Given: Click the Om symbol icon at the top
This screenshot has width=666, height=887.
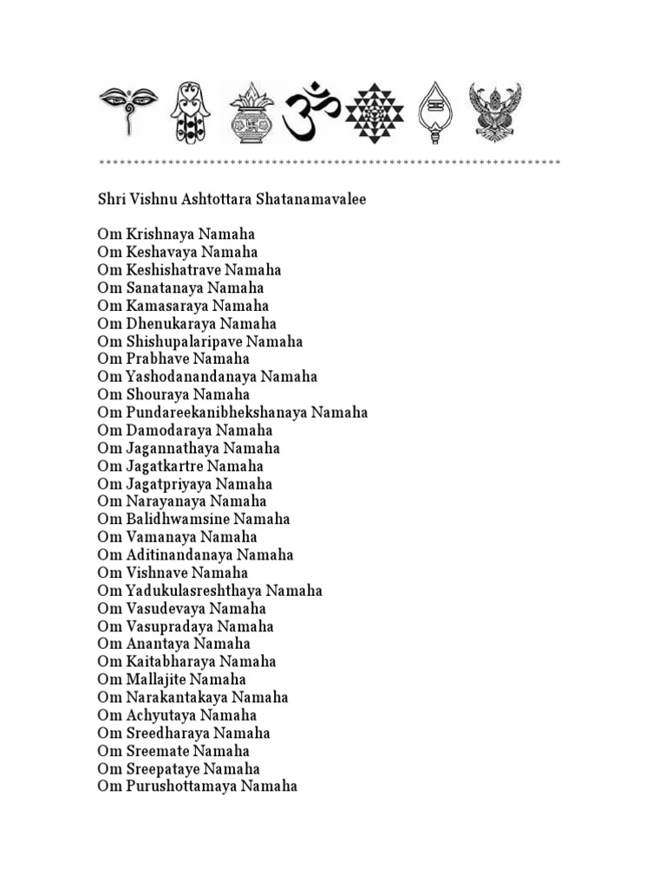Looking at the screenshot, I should tap(312, 112).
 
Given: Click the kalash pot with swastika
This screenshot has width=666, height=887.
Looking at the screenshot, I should tap(251, 113).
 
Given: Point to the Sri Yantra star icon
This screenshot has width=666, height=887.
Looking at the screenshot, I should tap(374, 113).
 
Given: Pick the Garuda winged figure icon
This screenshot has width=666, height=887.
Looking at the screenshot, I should tap(495, 112).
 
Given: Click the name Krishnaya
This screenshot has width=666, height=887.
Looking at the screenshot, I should tap(160, 235).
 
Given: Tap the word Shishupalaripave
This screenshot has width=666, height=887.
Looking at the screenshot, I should tap(180, 341).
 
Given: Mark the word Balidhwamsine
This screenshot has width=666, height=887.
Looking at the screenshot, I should tap(170, 520).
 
